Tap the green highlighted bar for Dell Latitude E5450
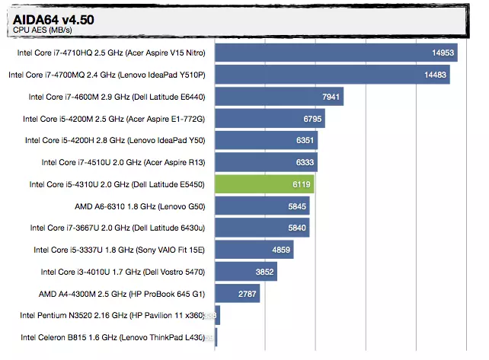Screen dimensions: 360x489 264,184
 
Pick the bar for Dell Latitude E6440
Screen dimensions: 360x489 279,97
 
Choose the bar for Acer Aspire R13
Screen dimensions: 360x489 266,162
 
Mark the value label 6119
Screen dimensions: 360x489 299,184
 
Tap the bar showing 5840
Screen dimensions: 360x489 262,228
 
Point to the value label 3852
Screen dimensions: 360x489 264,272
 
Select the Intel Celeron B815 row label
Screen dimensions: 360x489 113,337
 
